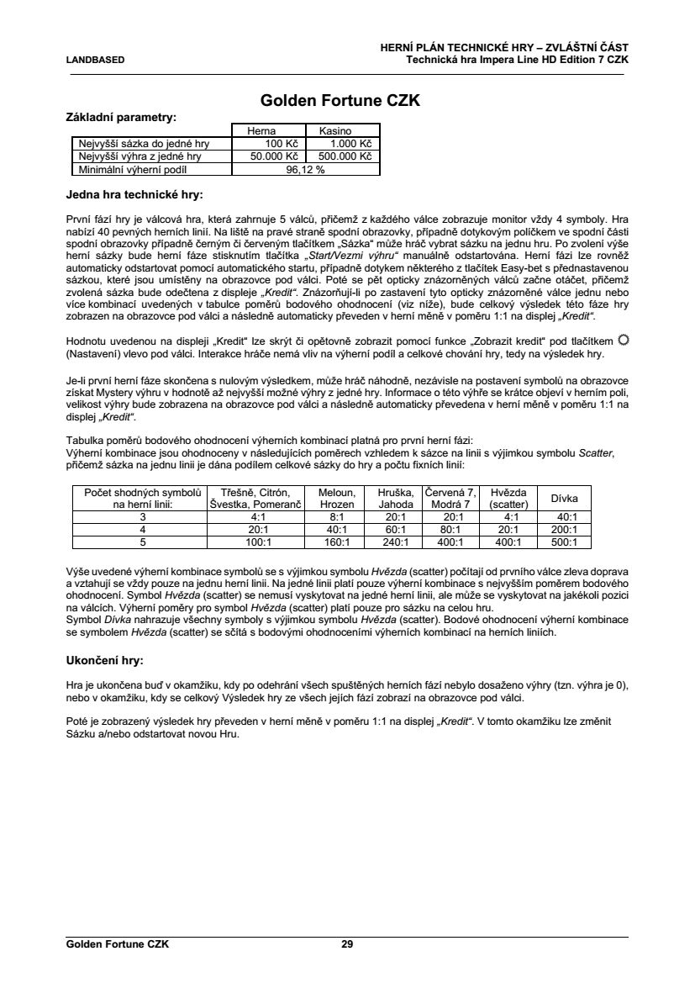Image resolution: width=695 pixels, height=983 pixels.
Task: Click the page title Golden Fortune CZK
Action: click(x=340, y=101)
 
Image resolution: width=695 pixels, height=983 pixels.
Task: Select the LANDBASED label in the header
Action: click(x=95, y=60)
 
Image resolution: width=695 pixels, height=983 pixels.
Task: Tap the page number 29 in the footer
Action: click(x=347, y=944)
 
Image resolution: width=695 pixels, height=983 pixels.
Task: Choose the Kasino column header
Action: click(x=334, y=132)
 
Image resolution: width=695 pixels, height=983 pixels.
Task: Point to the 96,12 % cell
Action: click(x=305, y=169)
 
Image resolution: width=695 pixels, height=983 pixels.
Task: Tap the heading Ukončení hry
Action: click(x=105, y=660)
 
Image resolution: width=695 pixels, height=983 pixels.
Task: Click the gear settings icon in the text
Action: click(x=623, y=340)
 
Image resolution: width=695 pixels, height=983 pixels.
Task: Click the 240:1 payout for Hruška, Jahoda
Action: click(x=395, y=542)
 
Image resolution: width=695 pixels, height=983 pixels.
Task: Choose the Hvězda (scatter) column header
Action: click(x=508, y=499)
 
